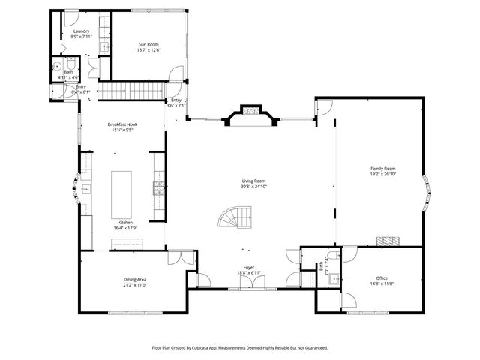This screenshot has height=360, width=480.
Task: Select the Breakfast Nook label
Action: point(122,124)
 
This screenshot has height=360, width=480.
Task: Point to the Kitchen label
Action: point(124,223)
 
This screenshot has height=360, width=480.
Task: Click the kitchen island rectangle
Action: point(121,194)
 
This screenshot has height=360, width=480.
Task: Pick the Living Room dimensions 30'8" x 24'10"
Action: point(253,186)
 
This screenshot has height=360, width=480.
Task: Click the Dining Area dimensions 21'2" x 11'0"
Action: point(135,285)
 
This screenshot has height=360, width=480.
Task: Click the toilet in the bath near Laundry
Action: point(70,63)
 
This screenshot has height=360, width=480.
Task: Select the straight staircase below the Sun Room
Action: point(132,91)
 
